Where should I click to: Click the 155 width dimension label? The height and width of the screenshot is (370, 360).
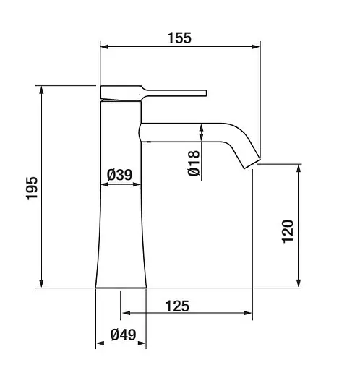point(179,38)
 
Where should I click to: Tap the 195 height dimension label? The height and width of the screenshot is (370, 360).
point(32,189)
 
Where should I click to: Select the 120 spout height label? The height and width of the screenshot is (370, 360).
point(288,231)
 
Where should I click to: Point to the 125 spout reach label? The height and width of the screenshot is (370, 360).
point(177,306)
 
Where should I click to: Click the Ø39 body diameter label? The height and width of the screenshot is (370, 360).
point(120,175)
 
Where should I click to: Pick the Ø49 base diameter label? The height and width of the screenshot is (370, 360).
point(123,335)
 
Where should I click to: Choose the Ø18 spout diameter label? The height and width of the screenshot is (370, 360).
point(194,163)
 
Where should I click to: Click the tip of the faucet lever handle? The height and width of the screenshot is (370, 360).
point(206,93)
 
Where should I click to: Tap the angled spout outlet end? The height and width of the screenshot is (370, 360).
point(252,163)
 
